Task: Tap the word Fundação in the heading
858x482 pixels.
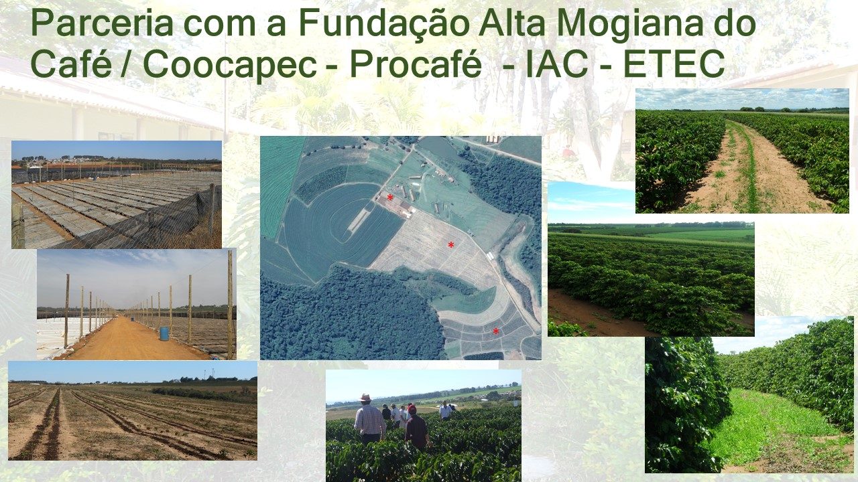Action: tap(384, 23)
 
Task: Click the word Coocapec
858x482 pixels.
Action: tap(229, 64)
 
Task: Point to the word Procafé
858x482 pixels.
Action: tap(415, 64)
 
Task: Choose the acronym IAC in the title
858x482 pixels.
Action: tap(557, 64)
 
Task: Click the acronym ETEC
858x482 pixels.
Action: tap(674, 64)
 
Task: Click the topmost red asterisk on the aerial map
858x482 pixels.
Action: tap(390, 197)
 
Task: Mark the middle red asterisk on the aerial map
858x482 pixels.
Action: tap(451, 244)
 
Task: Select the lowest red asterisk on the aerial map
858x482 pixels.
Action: tap(496, 331)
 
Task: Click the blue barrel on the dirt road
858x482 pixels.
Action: tap(164, 333)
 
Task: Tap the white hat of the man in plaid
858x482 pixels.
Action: tap(365, 398)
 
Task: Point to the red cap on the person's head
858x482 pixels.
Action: tap(412, 409)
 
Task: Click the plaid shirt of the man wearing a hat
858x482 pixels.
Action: tap(369, 420)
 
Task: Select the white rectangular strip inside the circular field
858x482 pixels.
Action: tap(358, 221)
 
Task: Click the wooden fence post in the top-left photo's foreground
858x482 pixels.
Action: tap(18, 226)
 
